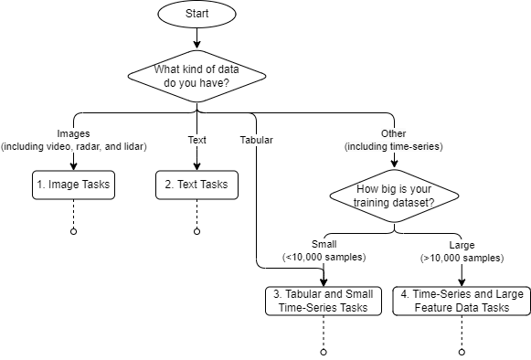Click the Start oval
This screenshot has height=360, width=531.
click(x=196, y=15)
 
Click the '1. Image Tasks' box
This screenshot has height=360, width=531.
click(x=72, y=185)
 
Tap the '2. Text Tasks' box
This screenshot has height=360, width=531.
click(x=196, y=185)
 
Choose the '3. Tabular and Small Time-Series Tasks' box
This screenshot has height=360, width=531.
click(x=324, y=302)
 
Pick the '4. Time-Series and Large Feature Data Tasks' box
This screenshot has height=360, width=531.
click(x=462, y=302)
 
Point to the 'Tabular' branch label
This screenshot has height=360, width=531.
click(x=257, y=141)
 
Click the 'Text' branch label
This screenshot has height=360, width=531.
click(x=196, y=141)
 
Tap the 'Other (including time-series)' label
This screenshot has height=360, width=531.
click(x=393, y=141)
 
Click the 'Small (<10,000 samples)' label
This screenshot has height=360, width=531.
click(x=324, y=251)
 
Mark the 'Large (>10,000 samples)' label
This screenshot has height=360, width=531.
click(x=462, y=251)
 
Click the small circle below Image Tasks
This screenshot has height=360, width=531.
click(x=72, y=232)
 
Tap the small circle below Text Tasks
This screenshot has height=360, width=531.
click(x=196, y=232)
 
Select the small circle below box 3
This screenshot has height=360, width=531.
click(x=324, y=352)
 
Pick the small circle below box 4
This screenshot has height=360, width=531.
click(x=462, y=352)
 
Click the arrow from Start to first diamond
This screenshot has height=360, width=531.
click(x=196, y=38)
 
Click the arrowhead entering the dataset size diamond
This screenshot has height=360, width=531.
click(x=393, y=165)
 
